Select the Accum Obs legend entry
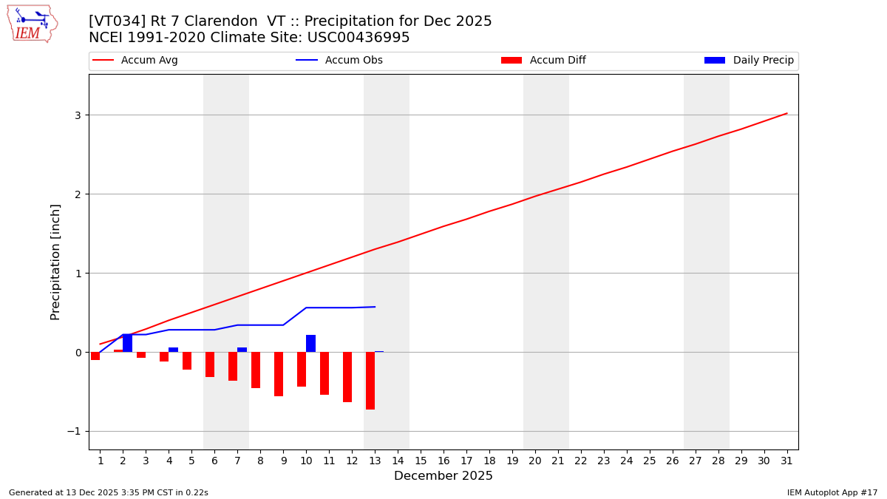pos(353,61)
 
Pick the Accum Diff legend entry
pos(557,61)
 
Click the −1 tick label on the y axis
pos(74,432)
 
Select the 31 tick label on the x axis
pos(787,461)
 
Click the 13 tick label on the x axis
pos(375,461)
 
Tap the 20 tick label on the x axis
pos(535,461)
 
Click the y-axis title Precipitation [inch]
pos(56,262)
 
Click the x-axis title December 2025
pos(443,477)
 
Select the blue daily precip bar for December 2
pos(127,343)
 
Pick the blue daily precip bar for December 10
pos(310,344)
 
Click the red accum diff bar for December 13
pos(370,381)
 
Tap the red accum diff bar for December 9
pos(279,374)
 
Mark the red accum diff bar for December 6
pos(210,364)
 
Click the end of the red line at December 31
pos(786,113)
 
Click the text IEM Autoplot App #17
pos(832,493)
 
